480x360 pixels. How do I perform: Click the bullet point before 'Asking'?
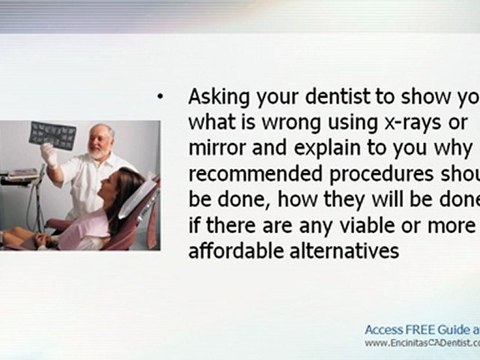(161, 97)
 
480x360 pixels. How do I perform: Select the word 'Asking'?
(214, 97)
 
